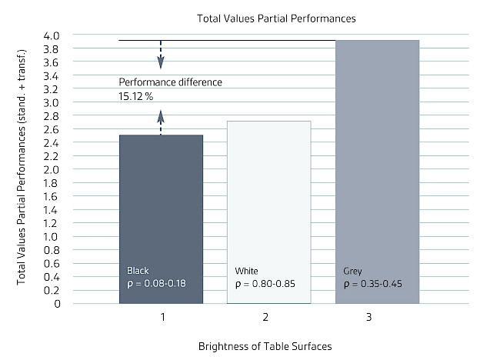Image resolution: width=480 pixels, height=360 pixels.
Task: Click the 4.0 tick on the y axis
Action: (95, 35)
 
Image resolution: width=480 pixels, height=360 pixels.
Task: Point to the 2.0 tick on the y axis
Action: (95, 169)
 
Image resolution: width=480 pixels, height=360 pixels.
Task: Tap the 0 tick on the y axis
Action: (101, 303)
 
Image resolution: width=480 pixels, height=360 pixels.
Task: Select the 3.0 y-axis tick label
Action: (95, 102)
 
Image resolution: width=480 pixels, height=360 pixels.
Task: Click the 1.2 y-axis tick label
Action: (95, 223)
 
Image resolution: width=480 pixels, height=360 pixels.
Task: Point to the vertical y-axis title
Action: (24, 169)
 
